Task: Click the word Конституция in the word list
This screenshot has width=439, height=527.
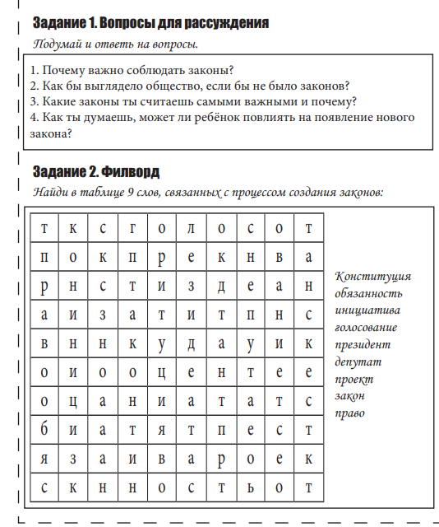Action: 372,276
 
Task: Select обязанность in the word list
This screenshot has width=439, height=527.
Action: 369,293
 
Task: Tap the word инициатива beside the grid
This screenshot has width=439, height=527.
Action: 367,310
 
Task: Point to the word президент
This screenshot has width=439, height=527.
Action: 363,344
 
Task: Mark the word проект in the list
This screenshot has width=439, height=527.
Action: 354,379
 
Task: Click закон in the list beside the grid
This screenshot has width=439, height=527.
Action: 350,396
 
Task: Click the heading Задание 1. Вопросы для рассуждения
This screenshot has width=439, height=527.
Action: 150,21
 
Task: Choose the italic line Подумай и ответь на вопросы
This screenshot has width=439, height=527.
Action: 116,43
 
